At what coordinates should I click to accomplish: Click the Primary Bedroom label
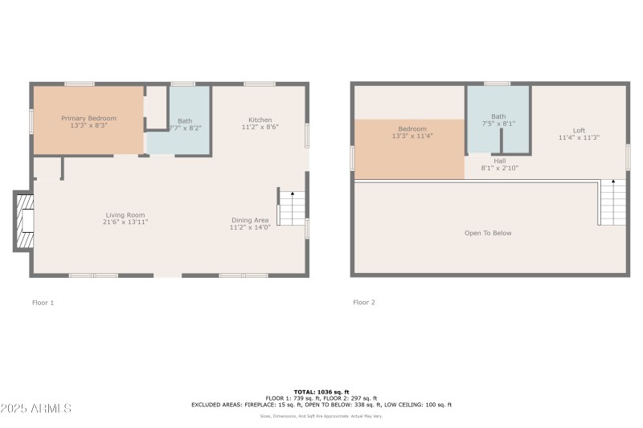(88, 118)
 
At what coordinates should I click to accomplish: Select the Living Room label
(125, 214)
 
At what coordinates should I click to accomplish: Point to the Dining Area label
(249, 220)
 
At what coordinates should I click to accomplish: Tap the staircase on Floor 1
(292, 209)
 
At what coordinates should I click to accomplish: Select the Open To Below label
(488, 233)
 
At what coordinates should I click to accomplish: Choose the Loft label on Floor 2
(579, 130)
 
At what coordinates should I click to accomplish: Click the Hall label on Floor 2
(499, 161)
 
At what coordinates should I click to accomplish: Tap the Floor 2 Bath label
(498, 116)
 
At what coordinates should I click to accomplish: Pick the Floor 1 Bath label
(185, 121)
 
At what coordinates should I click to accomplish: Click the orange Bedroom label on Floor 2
(412, 128)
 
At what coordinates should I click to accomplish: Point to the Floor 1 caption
(43, 303)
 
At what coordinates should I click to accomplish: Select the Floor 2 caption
(364, 303)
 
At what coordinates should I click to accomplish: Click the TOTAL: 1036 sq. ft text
(321, 392)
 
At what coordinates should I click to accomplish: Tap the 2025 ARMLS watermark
(36, 408)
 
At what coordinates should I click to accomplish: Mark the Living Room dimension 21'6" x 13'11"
(125, 222)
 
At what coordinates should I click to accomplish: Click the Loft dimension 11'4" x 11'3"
(579, 137)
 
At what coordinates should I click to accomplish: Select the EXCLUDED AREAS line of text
(321, 405)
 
